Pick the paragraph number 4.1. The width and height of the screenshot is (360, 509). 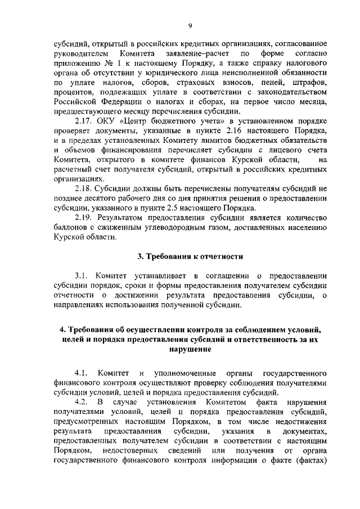tap(82, 373)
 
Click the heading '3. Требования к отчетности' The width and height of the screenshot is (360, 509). tap(191, 256)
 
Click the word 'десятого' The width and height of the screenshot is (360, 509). tap(99, 197)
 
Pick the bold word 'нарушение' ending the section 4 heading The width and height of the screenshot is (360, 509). tap(191, 349)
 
